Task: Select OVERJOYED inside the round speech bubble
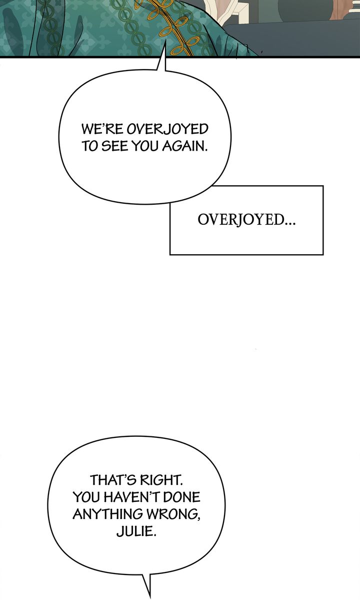[x=167, y=129]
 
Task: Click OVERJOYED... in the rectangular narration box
[x=246, y=220]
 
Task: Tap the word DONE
[x=181, y=498]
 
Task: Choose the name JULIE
[x=136, y=531]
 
